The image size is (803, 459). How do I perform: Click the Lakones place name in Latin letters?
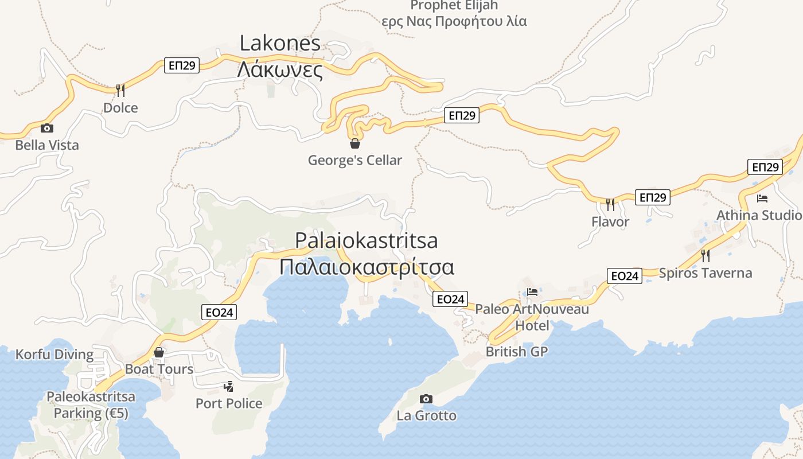pos(280,44)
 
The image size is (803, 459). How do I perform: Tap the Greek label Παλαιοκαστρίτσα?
pos(367,267)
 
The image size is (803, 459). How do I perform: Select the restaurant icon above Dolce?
pos(120,90)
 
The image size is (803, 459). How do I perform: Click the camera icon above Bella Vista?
pos(47,128)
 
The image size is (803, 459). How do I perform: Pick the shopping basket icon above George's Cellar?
pos(355,143)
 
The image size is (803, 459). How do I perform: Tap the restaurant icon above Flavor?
pos(610,204)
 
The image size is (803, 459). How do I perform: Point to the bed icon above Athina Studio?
pos(762,199)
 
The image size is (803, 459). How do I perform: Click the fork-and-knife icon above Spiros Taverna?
pos(705,255)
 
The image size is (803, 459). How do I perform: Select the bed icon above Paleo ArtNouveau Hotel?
pos(532,291)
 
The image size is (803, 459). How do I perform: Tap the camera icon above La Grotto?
pos(426,399)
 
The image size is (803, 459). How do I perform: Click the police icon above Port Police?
pos(229,386)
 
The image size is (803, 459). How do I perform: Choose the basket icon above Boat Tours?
pos(159,352)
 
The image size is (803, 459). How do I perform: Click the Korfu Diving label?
pos(54,355)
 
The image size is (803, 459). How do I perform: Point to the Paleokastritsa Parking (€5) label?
pos(91,404)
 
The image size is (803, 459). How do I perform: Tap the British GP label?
pos(517,352)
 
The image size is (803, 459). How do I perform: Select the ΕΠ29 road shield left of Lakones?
pos(182,65)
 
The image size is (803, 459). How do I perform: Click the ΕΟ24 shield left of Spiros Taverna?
pos(625,276)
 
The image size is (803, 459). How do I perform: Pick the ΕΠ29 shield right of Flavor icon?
pos(653,197)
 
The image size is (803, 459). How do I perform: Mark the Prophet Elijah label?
pos(454,6)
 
